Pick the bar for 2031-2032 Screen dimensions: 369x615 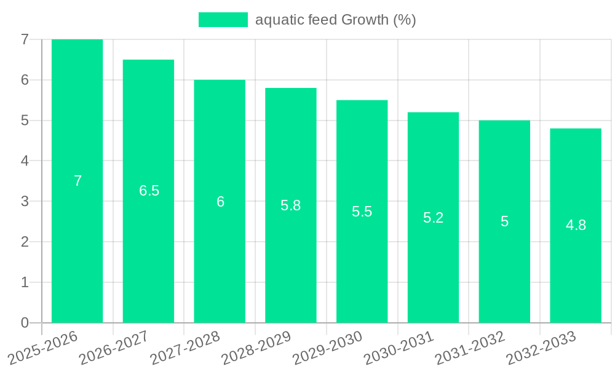(x=504, y=258)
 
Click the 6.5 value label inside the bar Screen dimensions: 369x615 (x=149, y=191)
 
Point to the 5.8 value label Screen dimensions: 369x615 (x=291, y=205)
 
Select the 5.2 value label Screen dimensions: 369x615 (x=433, y=218)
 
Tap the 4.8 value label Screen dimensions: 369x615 (x=576, y=225)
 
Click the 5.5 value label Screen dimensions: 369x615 (x=362, y=212)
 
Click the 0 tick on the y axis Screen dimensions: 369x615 (x=25, y=323)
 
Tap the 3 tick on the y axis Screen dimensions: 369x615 (x=25, y=201)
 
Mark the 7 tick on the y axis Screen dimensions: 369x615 (x=25, y=39)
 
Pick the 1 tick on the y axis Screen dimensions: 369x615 (x=25, y=282)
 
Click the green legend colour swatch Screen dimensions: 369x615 (x=223, y=20)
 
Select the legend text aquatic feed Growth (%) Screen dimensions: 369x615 (x=335, y=20)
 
